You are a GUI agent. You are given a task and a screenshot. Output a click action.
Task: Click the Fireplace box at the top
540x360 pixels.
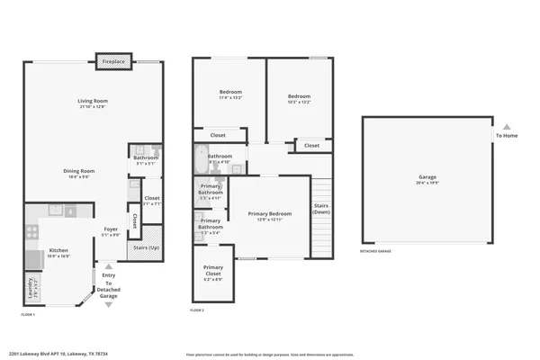[x=113, y=61]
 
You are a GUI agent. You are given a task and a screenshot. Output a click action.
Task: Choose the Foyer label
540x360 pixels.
[x=111, y=229]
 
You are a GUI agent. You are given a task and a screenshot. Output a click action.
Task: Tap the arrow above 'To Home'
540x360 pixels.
[x=506, y=127]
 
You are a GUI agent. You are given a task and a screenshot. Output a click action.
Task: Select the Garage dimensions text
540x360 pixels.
[x=427, y=184]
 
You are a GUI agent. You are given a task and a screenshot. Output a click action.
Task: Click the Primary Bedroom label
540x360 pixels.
[x=271, y=214]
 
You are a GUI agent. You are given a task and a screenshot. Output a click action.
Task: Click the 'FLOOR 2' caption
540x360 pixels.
[x=197, y=309]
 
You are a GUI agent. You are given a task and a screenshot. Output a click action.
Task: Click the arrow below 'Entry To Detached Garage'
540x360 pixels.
[x=110, y=304]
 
